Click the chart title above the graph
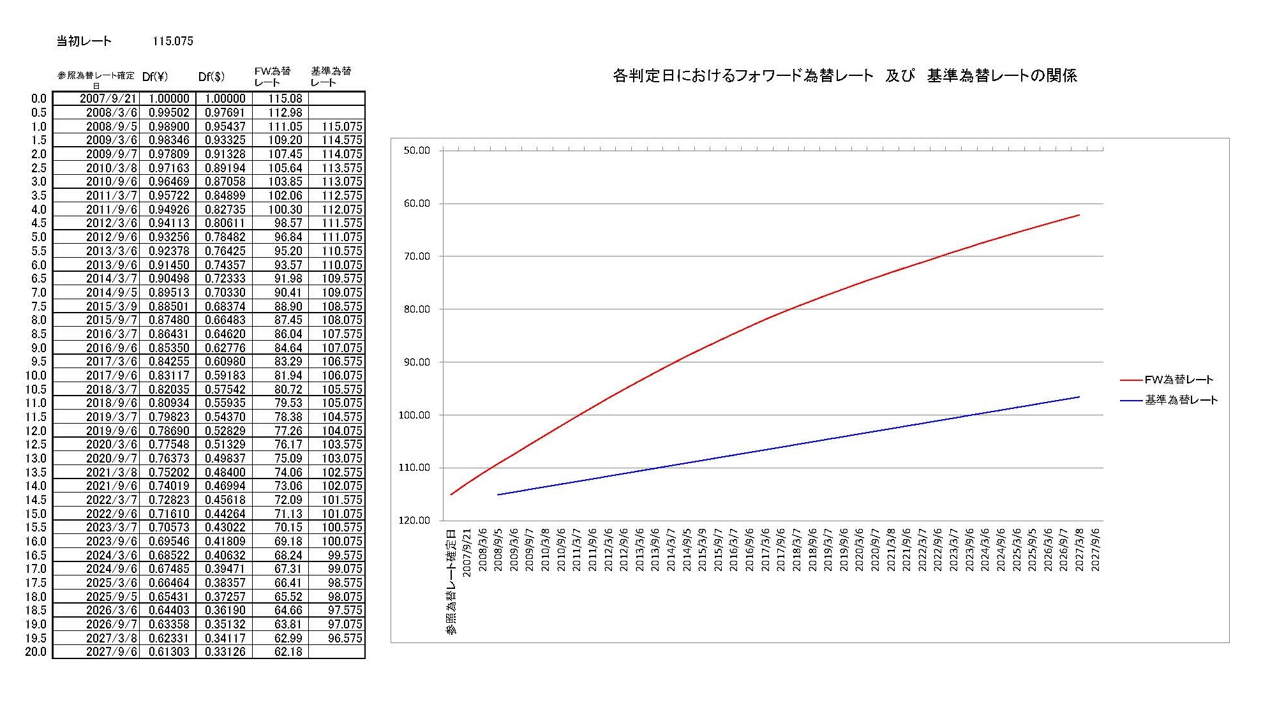(844, 76)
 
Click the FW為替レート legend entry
(1178, 380)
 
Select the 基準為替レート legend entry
(1181, 400)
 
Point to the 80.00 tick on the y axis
(417, 309)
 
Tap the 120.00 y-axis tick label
(415, 521)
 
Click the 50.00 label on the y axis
(417, 151)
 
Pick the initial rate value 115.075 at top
(172, 41)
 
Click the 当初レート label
(84, 41)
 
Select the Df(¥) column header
(155, 77)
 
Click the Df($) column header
(211, 77)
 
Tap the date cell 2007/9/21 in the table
(108, 99)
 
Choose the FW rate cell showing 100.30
(285, 209)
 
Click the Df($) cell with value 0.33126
(225, 652)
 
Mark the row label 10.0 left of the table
(36, 376)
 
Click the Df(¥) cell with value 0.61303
(168, 652)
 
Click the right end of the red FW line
(1079, 215)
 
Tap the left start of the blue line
(498, 494)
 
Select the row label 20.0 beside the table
(36, 652)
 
